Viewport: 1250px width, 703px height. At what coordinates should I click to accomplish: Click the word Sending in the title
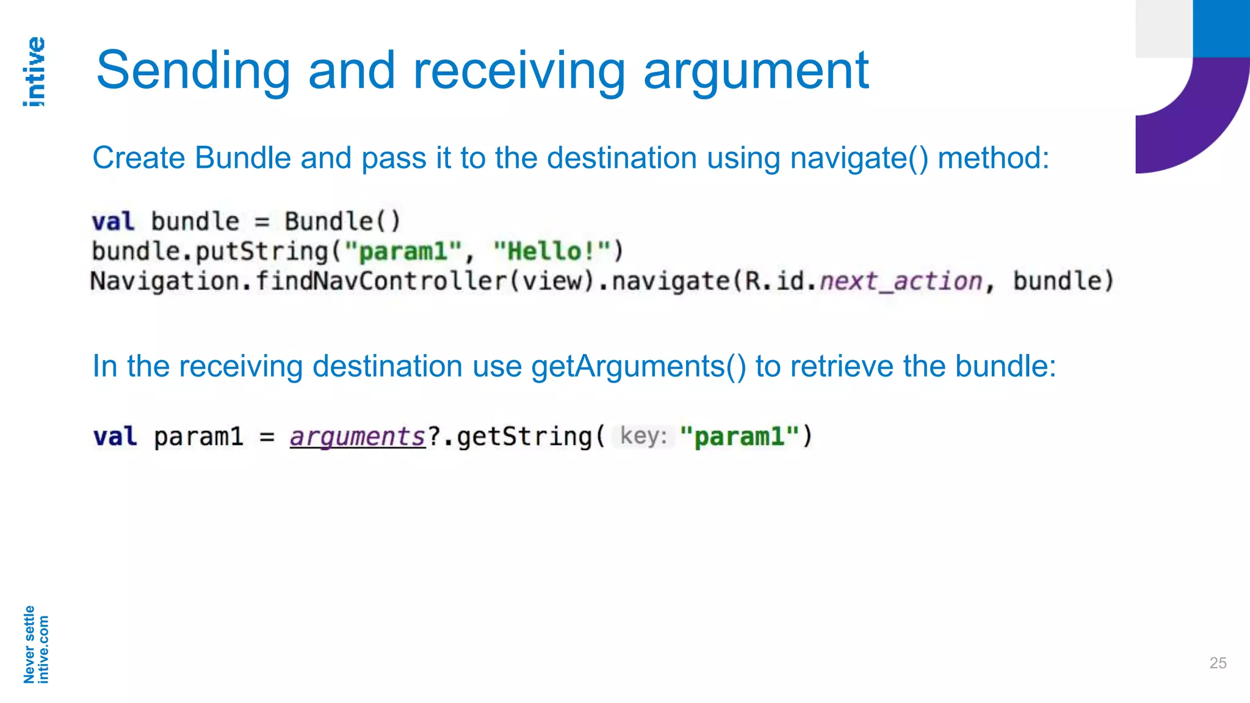[193, 71]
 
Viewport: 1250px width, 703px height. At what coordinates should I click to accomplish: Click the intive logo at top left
[35, 72]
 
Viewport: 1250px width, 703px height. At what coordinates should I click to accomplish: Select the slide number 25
[1218, 663]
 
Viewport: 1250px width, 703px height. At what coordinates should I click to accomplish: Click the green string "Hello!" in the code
[552, 251]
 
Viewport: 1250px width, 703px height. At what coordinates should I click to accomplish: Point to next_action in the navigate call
[901, 281]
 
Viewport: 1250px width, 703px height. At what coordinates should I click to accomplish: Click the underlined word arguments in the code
[358, 437]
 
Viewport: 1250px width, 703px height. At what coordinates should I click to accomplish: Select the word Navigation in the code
[165, 281]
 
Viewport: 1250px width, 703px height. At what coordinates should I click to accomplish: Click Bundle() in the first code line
[342, 221]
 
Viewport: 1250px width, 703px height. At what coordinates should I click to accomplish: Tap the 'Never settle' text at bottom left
[29, 644]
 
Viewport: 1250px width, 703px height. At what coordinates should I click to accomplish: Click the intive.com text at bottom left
[43, 649]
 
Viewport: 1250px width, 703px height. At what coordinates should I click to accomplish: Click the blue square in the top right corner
[1221, 28]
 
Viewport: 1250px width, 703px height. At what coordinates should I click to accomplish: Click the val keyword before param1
[115, 437]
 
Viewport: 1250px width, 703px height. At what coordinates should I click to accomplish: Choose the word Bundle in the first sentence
[243, 158]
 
